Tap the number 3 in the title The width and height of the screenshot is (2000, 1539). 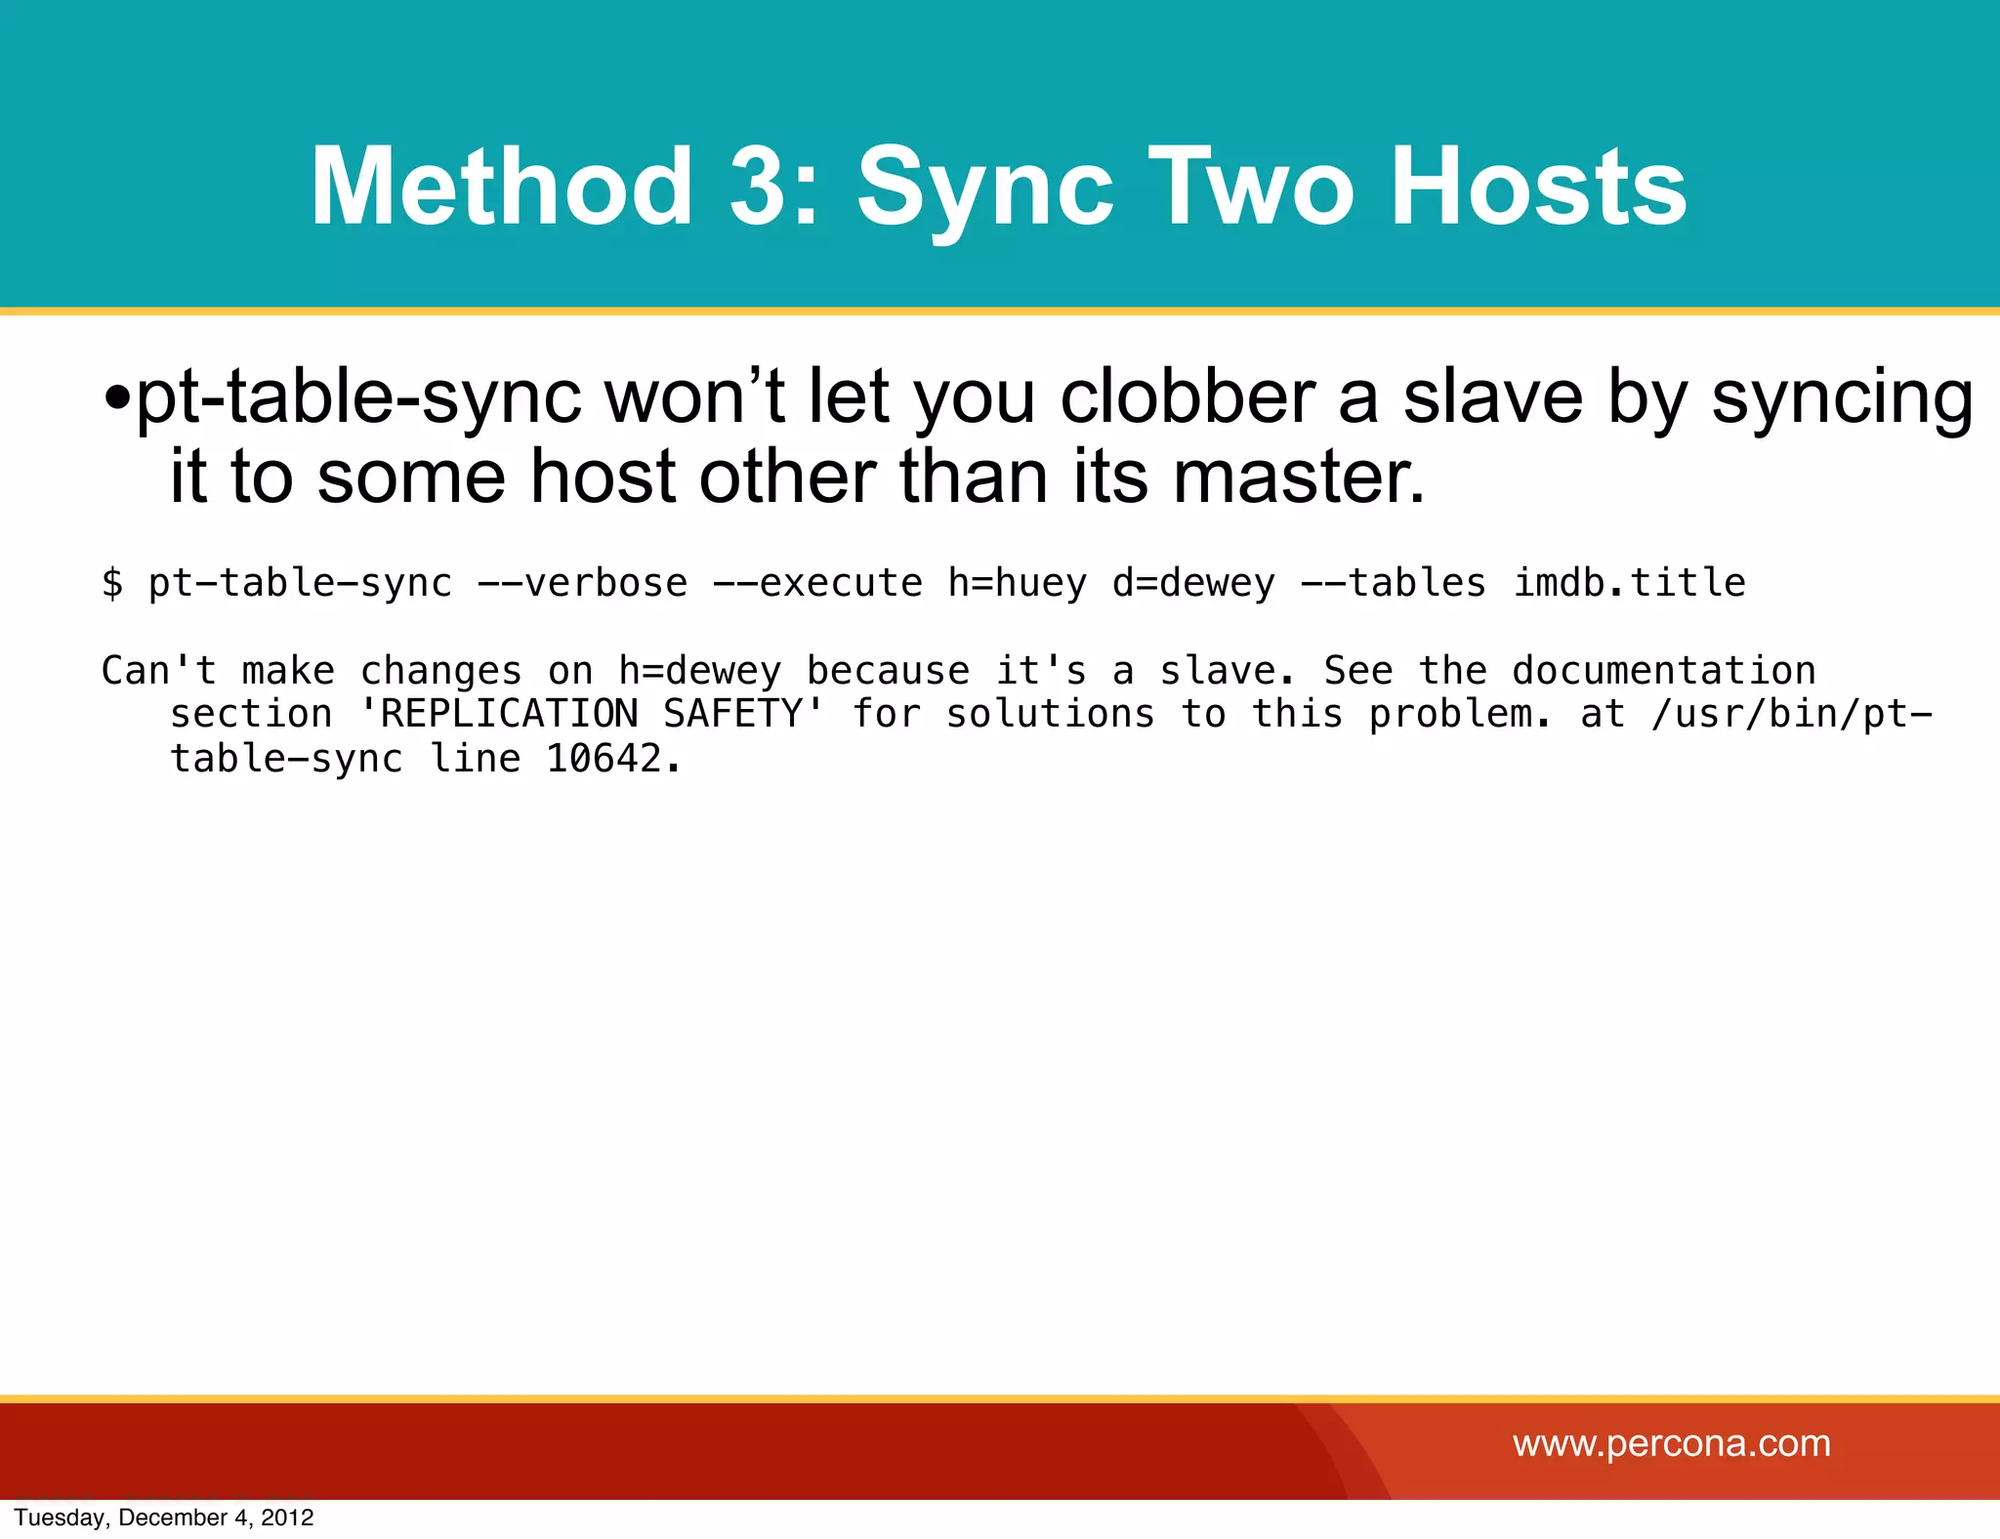(x=765, y=186)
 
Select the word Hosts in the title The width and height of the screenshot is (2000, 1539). (x=1537, y=186)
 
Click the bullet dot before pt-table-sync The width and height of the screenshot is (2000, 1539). (x=117, y=397)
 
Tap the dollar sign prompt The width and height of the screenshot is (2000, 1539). (x=112, y=583)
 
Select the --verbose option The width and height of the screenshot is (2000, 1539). (x=582, y=583)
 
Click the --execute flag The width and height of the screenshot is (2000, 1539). (x=817, y=583)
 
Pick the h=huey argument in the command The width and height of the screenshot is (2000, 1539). (x=1017, y=583)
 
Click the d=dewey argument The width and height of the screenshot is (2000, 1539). (x=1193, y=583)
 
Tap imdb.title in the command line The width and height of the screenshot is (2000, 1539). (x=1629, y=583)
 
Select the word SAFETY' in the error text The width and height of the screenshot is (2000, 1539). (x=744, y=714)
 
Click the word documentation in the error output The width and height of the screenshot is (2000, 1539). (x=1663, y=671)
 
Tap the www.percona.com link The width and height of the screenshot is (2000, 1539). (x=1671, y=1443)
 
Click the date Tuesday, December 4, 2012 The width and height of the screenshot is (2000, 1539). (x=164, y=1518)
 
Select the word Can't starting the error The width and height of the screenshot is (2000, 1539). (x=159, y=671)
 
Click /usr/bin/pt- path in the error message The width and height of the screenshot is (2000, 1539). (x=1791, y=714)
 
